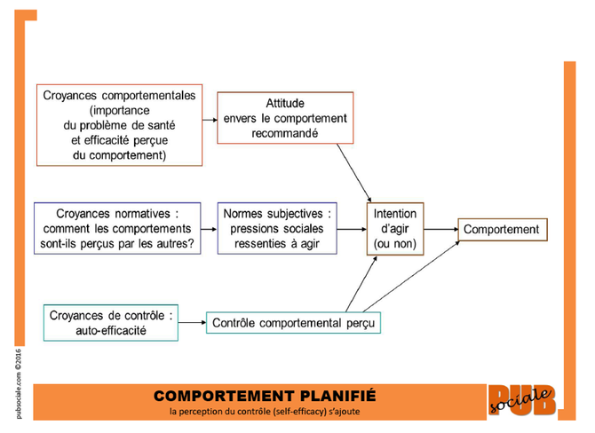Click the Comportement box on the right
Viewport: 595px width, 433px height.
click(503, 230)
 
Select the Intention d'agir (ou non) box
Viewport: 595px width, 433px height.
click(395, 229)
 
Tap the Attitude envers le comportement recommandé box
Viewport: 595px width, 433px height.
click(285, 118)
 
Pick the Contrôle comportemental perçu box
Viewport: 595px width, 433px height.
click(293, 323)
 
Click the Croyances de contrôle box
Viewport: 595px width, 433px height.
click(111, 323)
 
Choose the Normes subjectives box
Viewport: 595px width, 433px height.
click(277, 228)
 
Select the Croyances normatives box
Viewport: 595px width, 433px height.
click(117, 228)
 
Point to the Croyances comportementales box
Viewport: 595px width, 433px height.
click(119, 125)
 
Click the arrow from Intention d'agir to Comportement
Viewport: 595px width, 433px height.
click(441, 230)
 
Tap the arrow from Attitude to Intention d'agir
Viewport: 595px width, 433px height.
click(354, 173)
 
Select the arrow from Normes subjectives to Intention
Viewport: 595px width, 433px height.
click(352, 230)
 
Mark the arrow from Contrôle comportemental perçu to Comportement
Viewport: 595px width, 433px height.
click(411, 277)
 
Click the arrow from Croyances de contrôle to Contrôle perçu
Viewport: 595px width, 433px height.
click(192, 323)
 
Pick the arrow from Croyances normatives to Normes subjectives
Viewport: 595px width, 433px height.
click(209, 230)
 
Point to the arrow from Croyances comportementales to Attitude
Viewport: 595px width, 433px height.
click(210, 120)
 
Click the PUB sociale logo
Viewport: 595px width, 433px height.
click(522, 400)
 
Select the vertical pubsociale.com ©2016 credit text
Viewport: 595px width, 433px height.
click(19, 383)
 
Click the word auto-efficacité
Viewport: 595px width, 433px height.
click(111, 331)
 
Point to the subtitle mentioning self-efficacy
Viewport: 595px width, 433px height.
click(265, 412)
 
